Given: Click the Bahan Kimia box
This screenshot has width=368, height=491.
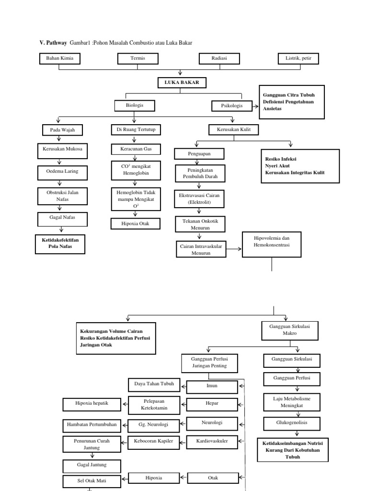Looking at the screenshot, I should click(x=59, y=58).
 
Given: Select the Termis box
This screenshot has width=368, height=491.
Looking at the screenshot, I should click(x=138, y=58).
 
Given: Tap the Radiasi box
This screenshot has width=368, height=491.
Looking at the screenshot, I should click(x=219, y=58).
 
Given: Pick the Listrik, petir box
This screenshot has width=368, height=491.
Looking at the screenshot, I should click(x=298, y=58).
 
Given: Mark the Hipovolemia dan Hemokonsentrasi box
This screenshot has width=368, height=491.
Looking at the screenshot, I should click(x=272, y=244).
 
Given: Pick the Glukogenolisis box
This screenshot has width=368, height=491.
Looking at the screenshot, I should click(x=292, y=423).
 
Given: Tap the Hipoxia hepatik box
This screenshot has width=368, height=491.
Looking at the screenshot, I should click(x=92, y=404).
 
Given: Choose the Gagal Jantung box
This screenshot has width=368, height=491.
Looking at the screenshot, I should click(x=92, y=466).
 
